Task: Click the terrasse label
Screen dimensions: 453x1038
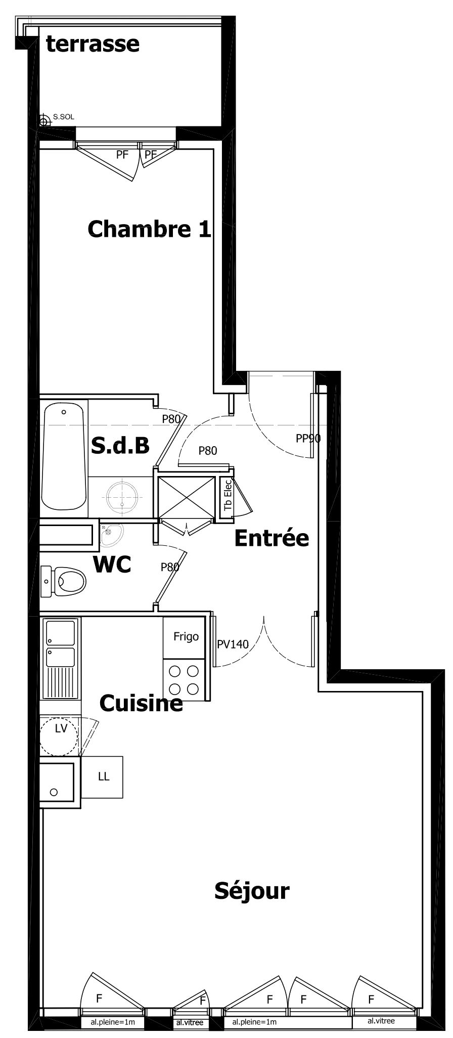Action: point(93,44)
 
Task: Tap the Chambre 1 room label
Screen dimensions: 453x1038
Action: point(149,229)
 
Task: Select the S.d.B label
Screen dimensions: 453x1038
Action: point(120,445)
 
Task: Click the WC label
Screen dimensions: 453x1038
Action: point(112,564)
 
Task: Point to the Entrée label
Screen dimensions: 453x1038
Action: point(271,538)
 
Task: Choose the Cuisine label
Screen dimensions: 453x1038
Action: point(141,703)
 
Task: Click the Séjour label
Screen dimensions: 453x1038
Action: point(252,891)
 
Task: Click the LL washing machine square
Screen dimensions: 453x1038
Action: point(102,777)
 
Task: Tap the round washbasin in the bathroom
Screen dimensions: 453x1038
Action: point(123,496)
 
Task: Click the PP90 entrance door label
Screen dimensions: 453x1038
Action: point(308,439)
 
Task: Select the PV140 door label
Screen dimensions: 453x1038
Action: point(233,644)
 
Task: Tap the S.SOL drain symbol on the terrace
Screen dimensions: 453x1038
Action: point(44,121)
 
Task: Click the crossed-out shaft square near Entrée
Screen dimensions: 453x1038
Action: point(187,498)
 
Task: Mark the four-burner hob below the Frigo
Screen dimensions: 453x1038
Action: point(184,680)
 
